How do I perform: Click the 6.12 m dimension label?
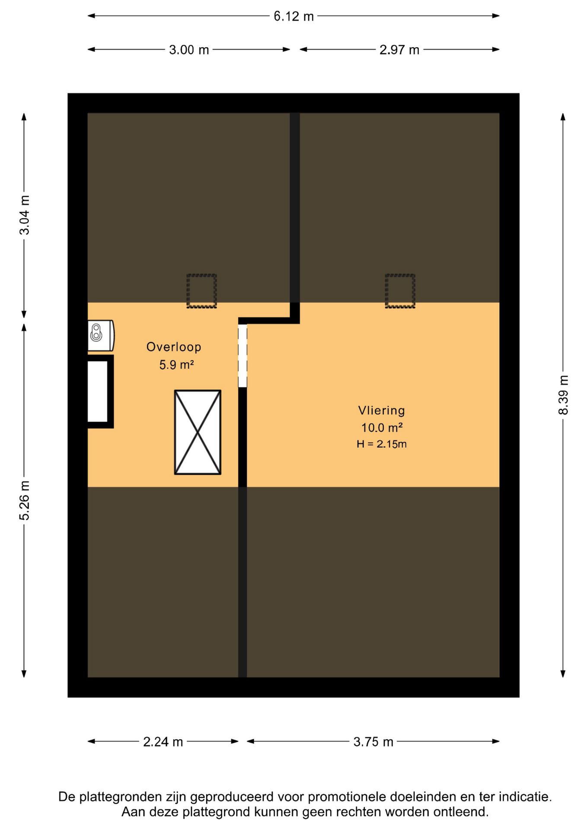pyautogui.click(x=293, y=16)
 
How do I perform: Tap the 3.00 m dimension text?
pyautogui.click(x=189, y=50)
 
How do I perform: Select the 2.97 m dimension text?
pyautogui.click(x=399, y=50)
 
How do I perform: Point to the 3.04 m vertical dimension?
pyautogui.click(x=25, y=215)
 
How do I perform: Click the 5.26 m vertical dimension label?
pyautogui.click(x=25, y=501)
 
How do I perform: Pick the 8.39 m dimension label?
pyautogui.click(x=563, y=395)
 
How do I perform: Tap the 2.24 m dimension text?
pyautogui.click(x=163, y=742)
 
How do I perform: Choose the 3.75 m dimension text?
pyautogui.click(x=373, y=742)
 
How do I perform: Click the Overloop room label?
pyautogui.click(x=174, y=347)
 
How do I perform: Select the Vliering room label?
pyautogui.click(x=381, y=410)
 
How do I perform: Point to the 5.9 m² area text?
pyautogui.click(x=176, y=365)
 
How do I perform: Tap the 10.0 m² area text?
pyautogui.click(x=382, y=428)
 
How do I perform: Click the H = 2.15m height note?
pyautogui.click(x=382, y=444)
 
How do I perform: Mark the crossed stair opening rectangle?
pyautogui.click(x=198, y=432)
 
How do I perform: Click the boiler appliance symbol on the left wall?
pyautogui.click(x=101, y=335)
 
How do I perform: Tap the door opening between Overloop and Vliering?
pyautogui.click(x=242, y=356)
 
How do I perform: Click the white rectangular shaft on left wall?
pyautogui.click(x=98, y=392)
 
